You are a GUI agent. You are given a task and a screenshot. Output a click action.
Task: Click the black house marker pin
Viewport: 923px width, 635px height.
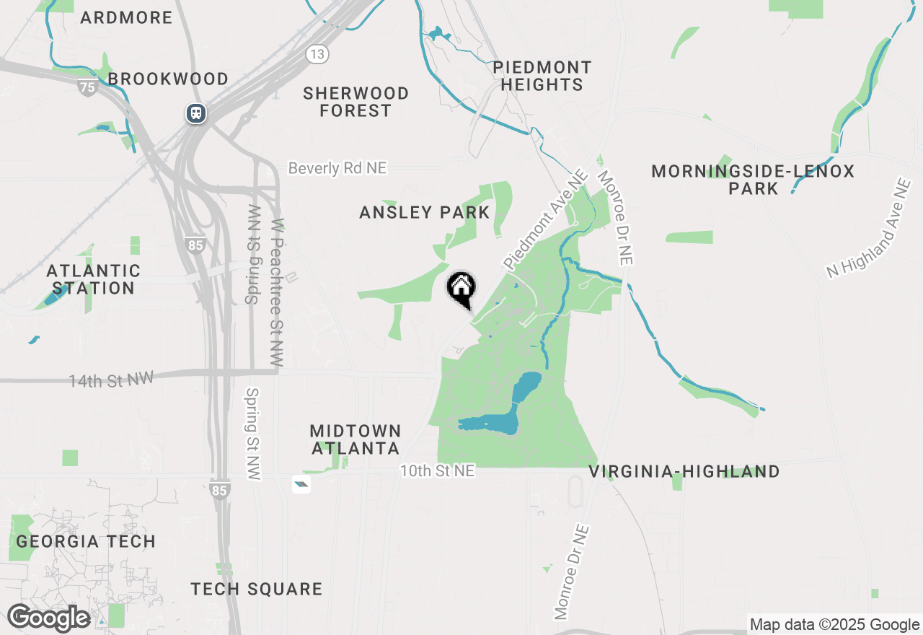click(x=461, y=289)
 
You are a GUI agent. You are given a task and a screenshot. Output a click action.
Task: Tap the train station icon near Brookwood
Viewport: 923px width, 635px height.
click(x=195, y=113)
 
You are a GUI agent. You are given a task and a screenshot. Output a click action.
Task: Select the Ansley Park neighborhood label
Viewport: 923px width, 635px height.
click(x=425, y=213)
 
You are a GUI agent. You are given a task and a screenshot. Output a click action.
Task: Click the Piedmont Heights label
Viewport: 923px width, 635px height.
click(x=542, y=76)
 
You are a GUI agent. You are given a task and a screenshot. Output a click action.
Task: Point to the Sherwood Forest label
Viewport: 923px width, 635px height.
click(x=356, y=102)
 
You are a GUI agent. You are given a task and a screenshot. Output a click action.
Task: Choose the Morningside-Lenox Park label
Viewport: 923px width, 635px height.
click(x=753, y=180)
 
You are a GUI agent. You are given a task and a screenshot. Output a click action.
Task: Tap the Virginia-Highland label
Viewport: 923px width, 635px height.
click(x=684, y=472)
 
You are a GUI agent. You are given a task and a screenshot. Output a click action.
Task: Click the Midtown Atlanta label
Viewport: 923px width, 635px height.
click(x=355, y=439)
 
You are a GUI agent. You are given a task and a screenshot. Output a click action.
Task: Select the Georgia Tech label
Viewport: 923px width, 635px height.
click(x=86, y=541)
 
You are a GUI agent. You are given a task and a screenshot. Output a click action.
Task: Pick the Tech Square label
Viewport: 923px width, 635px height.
click(x=257, y=589)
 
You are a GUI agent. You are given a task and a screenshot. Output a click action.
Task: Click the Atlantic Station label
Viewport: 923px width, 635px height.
click(x=93, y=279)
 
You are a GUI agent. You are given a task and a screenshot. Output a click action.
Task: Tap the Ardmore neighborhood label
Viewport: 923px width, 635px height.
click(x=127, y=18)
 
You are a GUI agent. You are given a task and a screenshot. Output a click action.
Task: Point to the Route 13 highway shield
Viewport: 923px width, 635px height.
click(x=317, y=53)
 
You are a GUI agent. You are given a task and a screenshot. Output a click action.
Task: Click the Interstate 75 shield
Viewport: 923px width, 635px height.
click(x=88, y=87)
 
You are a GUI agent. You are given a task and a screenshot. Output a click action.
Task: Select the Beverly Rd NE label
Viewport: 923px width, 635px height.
click(x=337, y=168)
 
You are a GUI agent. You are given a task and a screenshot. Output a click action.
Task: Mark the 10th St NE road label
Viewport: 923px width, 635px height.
click(x=438, y=471)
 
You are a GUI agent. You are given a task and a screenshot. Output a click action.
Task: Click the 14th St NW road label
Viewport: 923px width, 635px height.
click(x=111, y=380)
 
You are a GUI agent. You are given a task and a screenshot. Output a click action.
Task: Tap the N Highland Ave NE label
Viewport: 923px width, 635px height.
click(x=869, y=229)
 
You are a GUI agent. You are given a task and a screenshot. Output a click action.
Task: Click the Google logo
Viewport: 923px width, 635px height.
click(x=49, y=618)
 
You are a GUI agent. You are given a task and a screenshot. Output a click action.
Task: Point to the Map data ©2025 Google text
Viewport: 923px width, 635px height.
click(x=834, y=625)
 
